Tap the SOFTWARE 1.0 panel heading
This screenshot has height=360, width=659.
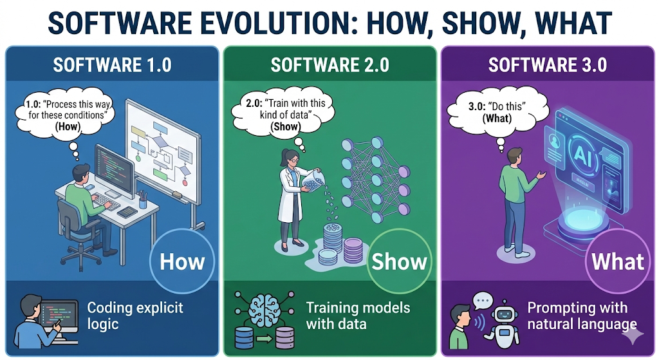click(112, 66)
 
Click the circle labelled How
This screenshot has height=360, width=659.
click(182, 261)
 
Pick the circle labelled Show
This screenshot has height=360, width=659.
click(399, 261)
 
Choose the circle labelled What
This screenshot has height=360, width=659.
click(617, 261)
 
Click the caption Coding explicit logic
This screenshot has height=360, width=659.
click(135, 315)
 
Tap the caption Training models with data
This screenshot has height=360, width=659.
click(357, 315)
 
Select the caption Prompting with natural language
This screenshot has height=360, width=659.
click(582, 316)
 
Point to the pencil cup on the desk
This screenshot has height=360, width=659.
click(142, 200)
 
